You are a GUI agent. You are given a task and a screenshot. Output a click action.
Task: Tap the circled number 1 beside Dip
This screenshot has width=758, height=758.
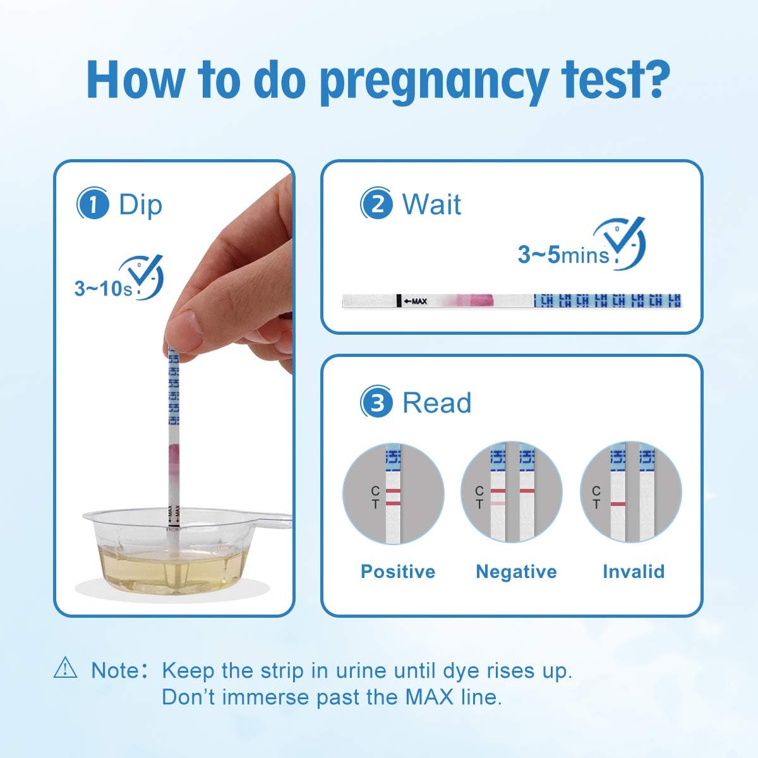click(93, 205)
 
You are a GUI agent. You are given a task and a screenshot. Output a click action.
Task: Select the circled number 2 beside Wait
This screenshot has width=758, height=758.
click(376, 205)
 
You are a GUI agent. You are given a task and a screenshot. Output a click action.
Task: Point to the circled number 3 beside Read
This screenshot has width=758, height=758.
click(376, 403)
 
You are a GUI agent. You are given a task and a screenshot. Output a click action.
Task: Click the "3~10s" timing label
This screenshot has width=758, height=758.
click(102, 289)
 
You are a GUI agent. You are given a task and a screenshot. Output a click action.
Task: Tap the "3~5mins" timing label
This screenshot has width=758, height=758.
click(563, 255)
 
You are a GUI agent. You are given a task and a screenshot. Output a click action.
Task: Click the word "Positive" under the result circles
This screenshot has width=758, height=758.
click(398, 572)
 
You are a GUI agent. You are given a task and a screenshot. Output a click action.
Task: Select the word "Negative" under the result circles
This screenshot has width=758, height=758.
click(516, 572)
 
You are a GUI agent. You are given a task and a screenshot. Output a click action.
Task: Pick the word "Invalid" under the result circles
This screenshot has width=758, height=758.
click(634, 572)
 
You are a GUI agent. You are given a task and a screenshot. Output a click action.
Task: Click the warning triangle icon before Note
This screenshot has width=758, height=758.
click(66, 668)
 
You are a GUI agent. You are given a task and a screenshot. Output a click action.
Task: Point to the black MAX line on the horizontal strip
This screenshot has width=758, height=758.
click(399, 301)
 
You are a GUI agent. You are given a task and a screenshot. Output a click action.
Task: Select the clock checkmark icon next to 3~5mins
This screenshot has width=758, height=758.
click(625, 243)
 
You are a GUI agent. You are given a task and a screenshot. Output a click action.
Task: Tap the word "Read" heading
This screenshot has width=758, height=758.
click(436, 403)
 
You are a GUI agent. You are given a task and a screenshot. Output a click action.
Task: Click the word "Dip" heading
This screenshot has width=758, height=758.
click(140, 205)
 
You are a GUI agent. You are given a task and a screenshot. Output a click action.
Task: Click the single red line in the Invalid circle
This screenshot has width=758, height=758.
click(619, 504)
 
